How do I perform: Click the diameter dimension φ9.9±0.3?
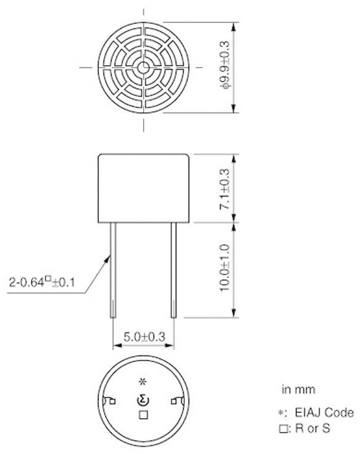pos(226,68)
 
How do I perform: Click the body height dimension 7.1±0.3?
pos(225,188)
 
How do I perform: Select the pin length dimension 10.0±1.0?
pos(225,269)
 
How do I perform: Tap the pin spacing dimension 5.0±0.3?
pos(143,337)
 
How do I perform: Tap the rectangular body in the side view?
pos(144,187)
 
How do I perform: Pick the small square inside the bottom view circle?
pos(143,415)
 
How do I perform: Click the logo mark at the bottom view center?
pos(143,401)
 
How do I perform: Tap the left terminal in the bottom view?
pos(110,402)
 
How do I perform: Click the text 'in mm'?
pos(298,389)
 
